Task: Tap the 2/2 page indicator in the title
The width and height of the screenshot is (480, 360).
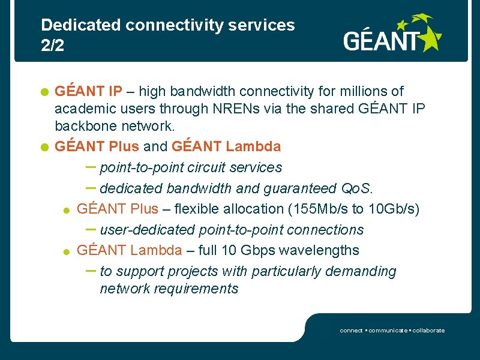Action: click(52, 46)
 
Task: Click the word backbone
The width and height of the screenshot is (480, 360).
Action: click(86, 127)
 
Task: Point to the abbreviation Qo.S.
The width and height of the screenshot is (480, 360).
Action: click(357, 188)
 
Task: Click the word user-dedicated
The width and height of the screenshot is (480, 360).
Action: click(148, 230)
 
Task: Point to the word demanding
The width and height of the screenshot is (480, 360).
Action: click(361, 271)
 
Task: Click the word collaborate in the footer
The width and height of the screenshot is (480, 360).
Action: click(427, 331)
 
